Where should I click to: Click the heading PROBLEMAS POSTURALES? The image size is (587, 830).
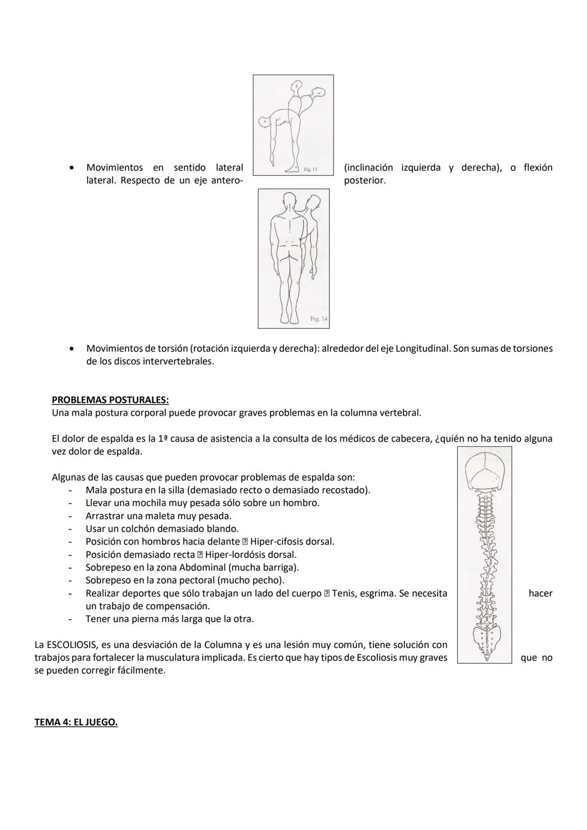pyautogui.click(x=110, y=400)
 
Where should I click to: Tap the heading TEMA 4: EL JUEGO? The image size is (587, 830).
pyautogui.click(x=76, y=722)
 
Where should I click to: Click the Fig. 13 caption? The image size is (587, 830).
pyautogui.click(x=310, y=170)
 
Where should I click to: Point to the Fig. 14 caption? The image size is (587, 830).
pyautogui.click(x=319, y=319)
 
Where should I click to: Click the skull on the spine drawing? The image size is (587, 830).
pyautogui.click(x=485, y=471)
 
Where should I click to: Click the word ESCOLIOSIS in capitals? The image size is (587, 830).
pyautogui.click(x=72, y=645)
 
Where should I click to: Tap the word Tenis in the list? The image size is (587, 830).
pyautogui.click(x=344, y=594)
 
